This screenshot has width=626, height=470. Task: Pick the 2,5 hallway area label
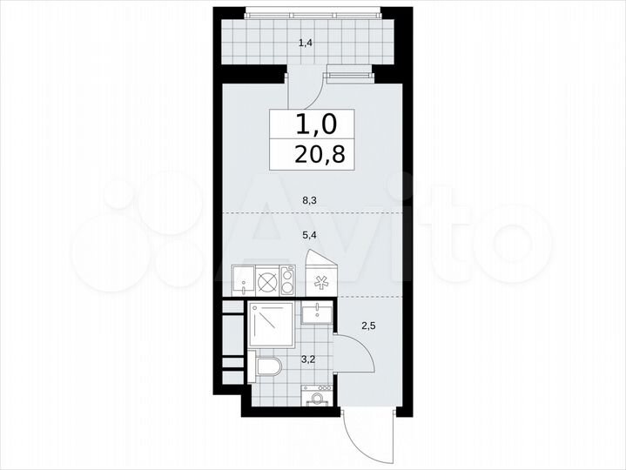click(368, 326)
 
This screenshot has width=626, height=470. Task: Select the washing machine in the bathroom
click(318, 396)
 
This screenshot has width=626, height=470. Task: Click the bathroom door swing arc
click(366, 356)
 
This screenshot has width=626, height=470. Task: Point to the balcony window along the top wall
click(313, 12)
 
